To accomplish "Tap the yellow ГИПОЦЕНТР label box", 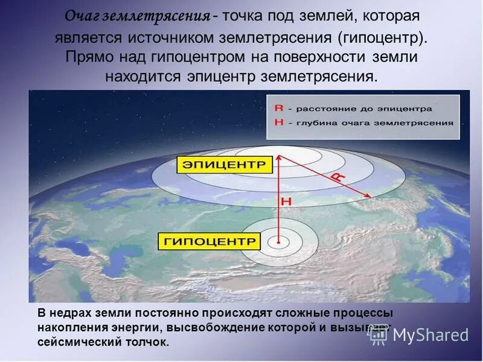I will coord(209,242).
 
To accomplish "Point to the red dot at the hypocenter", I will coord(278,243).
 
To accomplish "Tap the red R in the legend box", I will coord(278,109).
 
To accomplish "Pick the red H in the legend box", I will coord(278,122).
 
